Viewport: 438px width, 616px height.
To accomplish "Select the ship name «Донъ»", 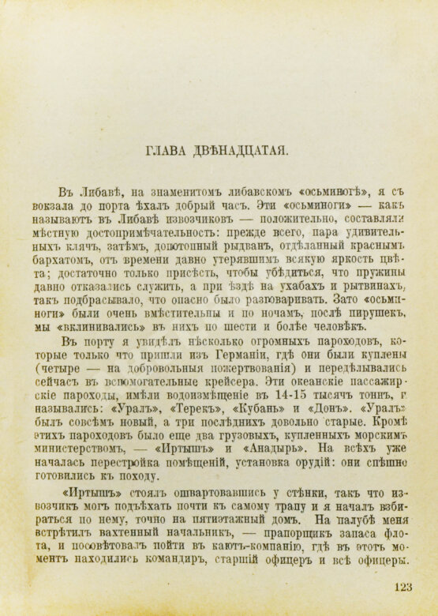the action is point(323,415).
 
